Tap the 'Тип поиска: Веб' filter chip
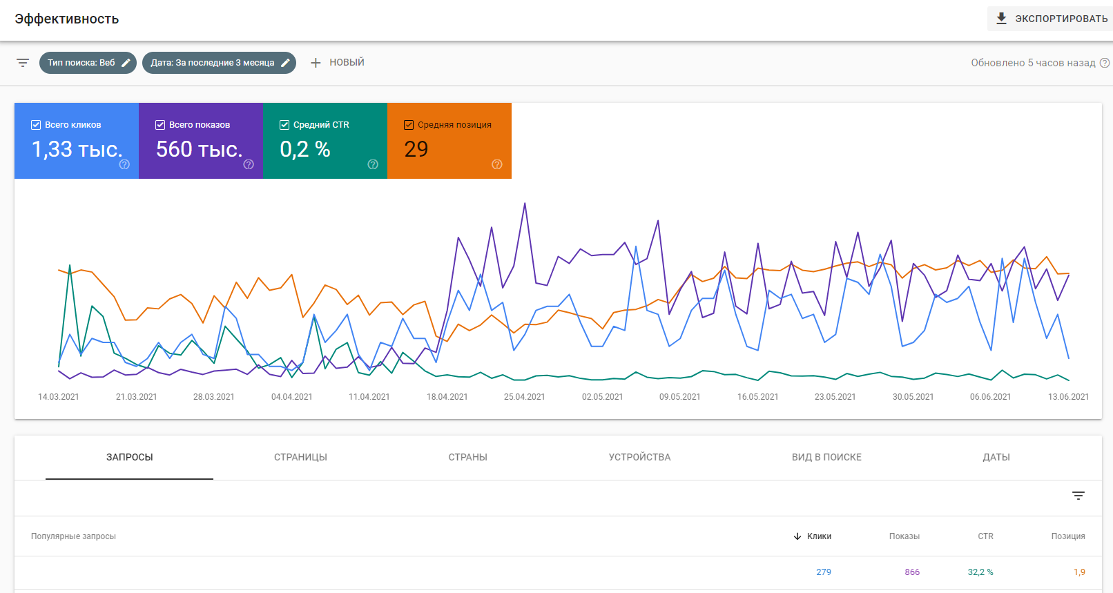pos(87,63)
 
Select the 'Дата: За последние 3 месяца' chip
pos(218,63)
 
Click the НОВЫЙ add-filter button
pos(337,63)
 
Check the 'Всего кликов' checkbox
pos(36,125)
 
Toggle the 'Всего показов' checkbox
pos(160,125)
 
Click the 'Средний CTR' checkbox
pos(284,125)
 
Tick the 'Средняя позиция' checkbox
pos(409,125)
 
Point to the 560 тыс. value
pos(199,149)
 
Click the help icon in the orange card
pos(497,164)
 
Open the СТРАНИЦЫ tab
pos(300,457)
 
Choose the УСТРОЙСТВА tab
pos(639,457)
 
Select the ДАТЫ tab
pos(996,457)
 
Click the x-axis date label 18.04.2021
pos(447,397)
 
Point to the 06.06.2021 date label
pos(990,397)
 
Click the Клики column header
pos(819,536)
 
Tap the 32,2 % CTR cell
pos(980,572)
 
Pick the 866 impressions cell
pos(912,572)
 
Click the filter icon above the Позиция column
pos(1078,496)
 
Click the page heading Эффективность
pos(67,19)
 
